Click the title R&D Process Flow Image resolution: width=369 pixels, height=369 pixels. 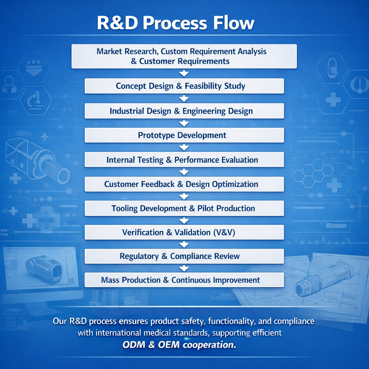(175, 23)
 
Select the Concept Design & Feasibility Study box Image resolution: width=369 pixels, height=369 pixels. (184, 86)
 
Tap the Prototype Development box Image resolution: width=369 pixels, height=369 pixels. (184, 135)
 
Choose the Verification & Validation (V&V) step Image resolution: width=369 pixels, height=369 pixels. (184, 232)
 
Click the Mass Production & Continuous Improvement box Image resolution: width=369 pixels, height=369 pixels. (184, 280)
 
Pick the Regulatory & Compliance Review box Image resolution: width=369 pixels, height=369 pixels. (184, 256)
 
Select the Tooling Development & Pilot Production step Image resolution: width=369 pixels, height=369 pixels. (184, 208)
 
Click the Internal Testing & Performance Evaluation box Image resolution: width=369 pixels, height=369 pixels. (184, 160)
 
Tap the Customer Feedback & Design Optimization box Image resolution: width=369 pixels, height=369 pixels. (184, 184)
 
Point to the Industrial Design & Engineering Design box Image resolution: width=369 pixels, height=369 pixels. (184, 111)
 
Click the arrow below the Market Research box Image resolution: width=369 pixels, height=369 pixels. (184, 74)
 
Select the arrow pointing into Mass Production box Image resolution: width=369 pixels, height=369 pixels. (184, 268)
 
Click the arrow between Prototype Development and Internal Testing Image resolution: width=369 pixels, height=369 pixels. (184, 147)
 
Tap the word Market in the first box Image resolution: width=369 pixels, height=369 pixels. (109, 52)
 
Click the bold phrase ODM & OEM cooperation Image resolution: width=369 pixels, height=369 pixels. (179, 344)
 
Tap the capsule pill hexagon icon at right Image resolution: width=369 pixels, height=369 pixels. (332, 67)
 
